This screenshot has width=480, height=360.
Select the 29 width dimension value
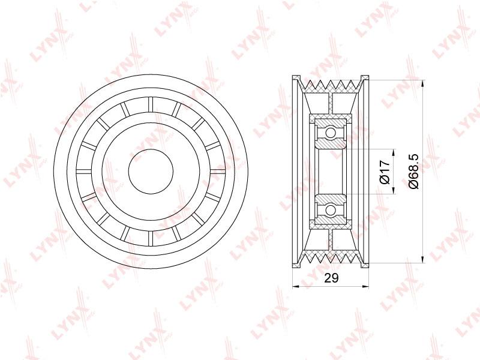coord(331,278)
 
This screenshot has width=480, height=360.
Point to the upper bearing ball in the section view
coord(331,133)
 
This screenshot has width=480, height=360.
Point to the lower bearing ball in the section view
coord(331,210)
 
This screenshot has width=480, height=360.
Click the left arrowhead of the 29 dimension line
coord(296,287)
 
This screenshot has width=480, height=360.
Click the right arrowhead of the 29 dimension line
coord(365,287)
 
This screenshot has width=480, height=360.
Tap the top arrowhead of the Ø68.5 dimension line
coord(423,84)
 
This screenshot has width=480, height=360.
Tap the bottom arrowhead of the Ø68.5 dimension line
coord(423,259)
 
